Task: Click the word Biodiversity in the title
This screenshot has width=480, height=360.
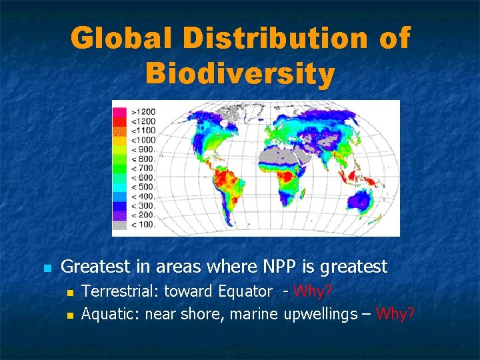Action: pyautogui.click(x=240, y=74)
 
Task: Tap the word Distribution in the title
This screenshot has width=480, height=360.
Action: pyautogui.click(x=274, y=38)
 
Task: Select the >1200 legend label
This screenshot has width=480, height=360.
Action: pyautogui.click(x=143, y=111)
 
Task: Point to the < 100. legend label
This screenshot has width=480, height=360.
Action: pyautogui.click(x=143, y=225)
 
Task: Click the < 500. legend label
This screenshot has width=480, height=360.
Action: pyautogui.click(x=143, y=187)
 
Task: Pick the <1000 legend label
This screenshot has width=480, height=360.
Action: pyautogui.click(x=143, y=140)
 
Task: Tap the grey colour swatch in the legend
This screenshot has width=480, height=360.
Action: pyautogui.click(x=121, y=225)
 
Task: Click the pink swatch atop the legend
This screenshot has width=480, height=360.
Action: pyautogui.click(x=121, y=111)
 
